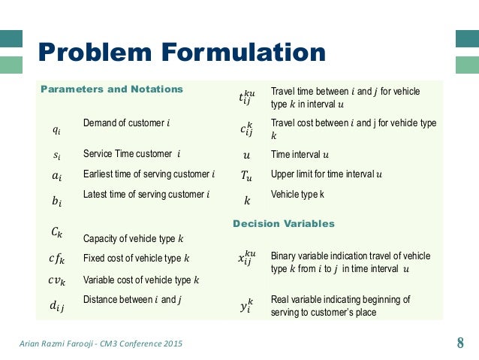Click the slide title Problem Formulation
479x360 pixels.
coord(182,53)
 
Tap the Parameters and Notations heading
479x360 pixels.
coord(111,89)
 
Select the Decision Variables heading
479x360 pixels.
coord(284,224)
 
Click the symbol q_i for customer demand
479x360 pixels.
coord(57,129)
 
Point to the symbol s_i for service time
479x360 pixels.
coord(57,155)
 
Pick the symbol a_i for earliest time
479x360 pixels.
coord(57,177)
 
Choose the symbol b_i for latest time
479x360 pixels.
coord(57,201)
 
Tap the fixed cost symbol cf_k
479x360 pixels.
coord(56,260)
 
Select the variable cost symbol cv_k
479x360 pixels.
coord(56,281)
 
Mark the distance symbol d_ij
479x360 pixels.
coord(57,304)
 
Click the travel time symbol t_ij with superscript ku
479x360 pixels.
coord(247,96)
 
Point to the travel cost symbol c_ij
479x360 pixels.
coord(247,129)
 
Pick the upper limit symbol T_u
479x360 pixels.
coord(247,176)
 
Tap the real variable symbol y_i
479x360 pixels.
coord(246,305)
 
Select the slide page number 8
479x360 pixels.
coord(460,344)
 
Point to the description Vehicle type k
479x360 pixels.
coord(297,193)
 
